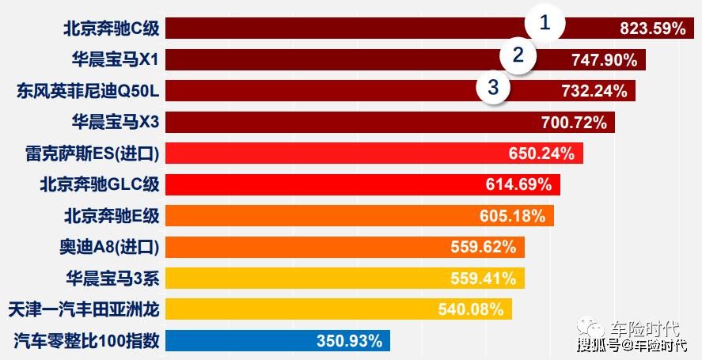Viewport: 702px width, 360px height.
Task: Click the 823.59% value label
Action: (652, 29)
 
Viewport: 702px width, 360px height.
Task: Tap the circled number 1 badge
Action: (544, 23)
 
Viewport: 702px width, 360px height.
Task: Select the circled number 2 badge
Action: (518, 55)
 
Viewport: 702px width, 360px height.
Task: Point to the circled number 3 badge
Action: (494, 87)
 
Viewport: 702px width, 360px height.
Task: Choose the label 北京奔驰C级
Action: (112, 29)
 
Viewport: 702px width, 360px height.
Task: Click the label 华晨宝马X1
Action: (115, 60)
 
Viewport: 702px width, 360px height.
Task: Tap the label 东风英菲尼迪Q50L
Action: (88, 91)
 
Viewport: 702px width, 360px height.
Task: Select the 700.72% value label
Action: (574, 122)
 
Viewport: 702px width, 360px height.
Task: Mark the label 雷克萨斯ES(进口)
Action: (93, 153)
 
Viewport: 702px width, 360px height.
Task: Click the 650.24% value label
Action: (541, 153)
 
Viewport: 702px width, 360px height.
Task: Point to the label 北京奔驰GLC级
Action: (100, 184)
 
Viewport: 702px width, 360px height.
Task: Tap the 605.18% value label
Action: (512, 216)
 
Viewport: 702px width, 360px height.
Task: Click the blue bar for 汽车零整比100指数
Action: (237, 341)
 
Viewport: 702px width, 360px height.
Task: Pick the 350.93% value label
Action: (349, 341)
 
